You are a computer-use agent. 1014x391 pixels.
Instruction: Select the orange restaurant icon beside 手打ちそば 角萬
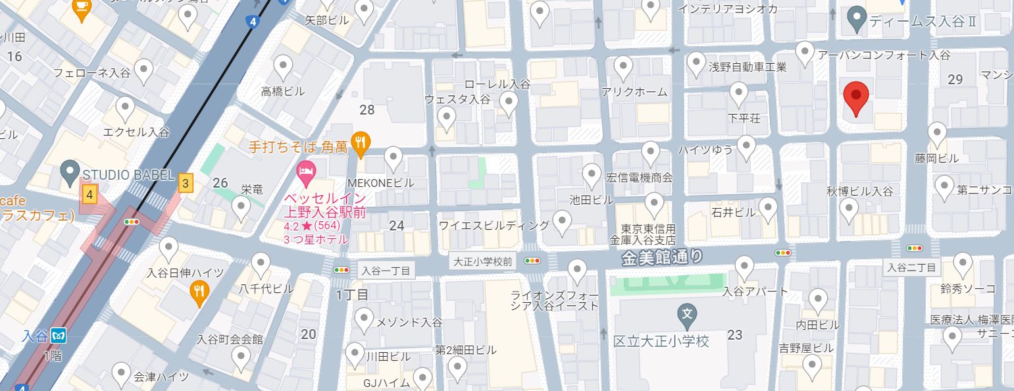(361, 141)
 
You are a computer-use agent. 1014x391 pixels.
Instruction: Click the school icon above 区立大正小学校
(688, 313)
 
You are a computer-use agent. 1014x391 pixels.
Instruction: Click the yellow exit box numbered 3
(186, 184)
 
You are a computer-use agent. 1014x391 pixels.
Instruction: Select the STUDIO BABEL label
(126, 175)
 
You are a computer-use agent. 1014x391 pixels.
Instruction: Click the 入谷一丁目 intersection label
(386, 271)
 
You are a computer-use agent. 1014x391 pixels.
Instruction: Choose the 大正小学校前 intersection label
(484, 261)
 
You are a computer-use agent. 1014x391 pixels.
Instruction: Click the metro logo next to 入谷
(60, 335)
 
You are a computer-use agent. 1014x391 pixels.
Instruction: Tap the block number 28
(367, 110)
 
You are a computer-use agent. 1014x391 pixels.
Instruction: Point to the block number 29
(955, 80)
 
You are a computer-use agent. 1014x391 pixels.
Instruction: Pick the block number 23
(735, 335)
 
